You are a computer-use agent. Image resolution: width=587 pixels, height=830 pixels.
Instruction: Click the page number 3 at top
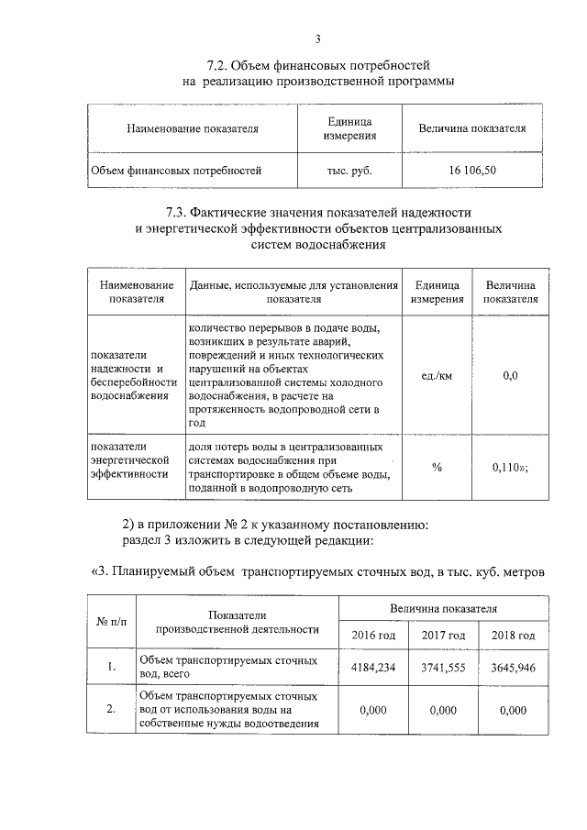(317, 39)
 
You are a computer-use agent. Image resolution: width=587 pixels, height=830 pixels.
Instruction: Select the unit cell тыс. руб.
(349, 171)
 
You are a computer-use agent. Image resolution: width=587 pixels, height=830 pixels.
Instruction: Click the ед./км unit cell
(437, 375)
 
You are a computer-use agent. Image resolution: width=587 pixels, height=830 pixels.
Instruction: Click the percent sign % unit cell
(437, 467)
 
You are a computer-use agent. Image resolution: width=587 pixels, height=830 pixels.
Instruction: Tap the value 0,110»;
(511, 467)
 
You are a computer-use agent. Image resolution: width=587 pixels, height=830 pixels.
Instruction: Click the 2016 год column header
(373, 635)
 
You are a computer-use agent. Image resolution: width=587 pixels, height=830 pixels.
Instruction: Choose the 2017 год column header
(443, 635)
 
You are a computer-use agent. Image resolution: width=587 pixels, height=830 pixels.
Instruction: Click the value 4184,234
(373, 667)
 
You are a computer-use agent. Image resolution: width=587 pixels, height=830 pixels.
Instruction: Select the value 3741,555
(443, 667)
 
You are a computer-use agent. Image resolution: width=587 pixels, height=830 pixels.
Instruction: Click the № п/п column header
(110, 622)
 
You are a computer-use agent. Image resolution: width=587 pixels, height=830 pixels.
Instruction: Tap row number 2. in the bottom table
(110, 709)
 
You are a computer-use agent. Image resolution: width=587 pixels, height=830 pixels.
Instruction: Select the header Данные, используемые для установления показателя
(294, 293)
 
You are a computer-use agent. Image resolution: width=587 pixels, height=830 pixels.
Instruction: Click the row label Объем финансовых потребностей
(177, 171)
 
